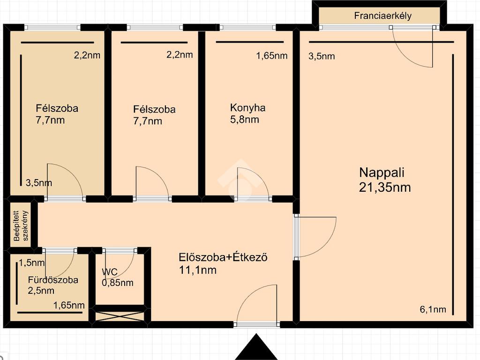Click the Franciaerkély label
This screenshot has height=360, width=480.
point(382,16)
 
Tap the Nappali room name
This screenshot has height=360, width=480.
point(382,172)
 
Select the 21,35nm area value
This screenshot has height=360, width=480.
point(385,187)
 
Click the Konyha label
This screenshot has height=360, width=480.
point(247,108)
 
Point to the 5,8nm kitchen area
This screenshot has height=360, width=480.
point(245,120)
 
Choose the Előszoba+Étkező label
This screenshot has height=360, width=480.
point(223,257)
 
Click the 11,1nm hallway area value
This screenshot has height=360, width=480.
point(198,270)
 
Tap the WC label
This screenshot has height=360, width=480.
point(110,272)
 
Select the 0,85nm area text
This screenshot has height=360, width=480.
point(118,283)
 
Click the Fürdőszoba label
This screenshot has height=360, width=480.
point(53,280)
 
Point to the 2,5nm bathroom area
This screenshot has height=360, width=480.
point(41,290)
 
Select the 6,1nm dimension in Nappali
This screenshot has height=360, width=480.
point(433,309)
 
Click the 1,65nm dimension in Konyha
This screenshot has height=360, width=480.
point(272,56)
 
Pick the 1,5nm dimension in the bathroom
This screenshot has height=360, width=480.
point(32,262)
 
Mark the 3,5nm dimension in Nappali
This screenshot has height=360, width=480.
point(322,56)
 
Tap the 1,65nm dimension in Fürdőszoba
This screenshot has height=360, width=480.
point(69,305)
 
